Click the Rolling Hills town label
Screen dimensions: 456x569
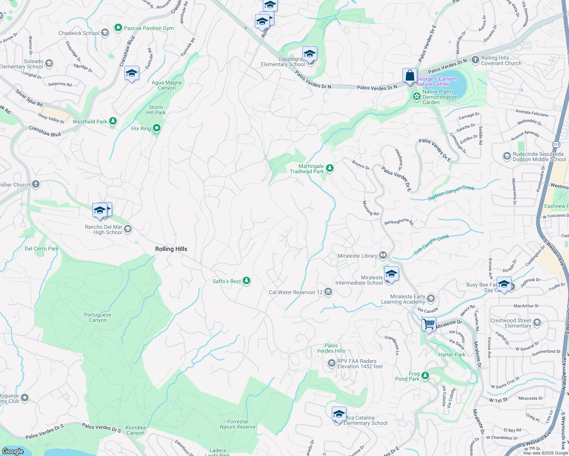[x=171, y=249]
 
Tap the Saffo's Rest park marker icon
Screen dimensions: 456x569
[x=246, y=281]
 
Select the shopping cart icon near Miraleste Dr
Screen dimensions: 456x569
[x=429, y=325]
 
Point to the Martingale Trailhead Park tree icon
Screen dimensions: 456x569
[x=330, y=168]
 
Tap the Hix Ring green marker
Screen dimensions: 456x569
[x=156, y=128]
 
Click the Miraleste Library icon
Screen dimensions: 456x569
[x=383, y=255]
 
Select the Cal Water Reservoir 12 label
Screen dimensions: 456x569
[x=296, y=292]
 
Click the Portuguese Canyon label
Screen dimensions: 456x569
[x=98, y=317]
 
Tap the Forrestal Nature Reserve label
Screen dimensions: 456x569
[x=238, y=424]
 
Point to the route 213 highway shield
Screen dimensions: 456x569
[x=556, y=144]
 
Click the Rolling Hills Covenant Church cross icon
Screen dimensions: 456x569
[x=475, y=60]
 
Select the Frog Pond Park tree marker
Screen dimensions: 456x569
[x=425, y=376]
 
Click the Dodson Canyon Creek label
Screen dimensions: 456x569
[x=451, y=193]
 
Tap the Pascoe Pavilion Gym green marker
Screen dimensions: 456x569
[x=118, y=28]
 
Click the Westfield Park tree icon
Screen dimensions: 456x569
[x=113, y=121]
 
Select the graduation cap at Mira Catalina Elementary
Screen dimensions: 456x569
[x=339, y=414]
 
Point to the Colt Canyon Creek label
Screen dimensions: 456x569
[x=431, y=244]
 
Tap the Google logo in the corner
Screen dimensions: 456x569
[x=13, y=451]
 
